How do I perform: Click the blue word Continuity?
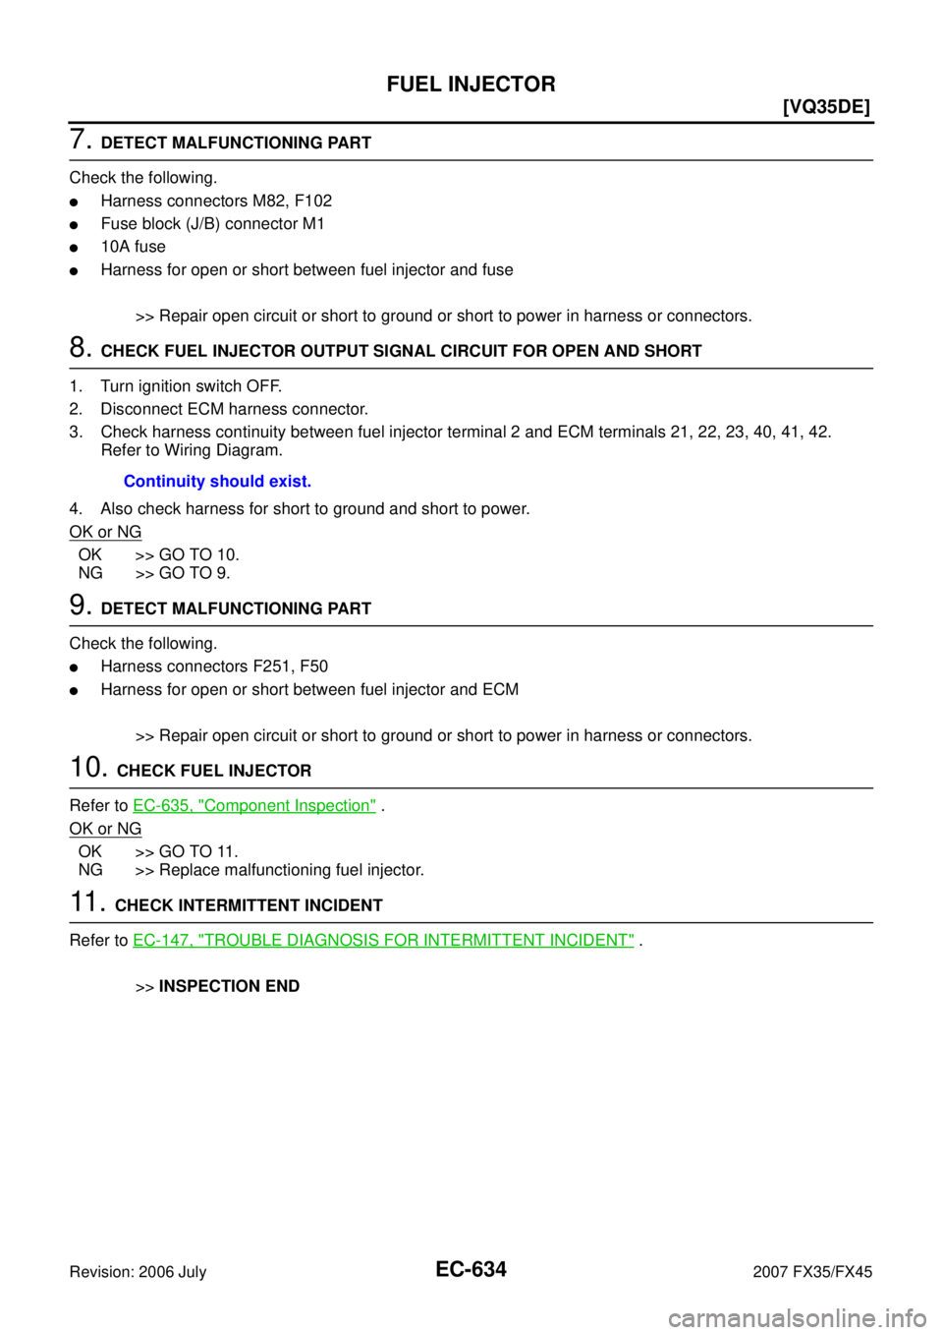click(164, 483)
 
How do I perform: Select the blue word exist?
click(292, 483)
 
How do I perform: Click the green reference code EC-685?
click(156, 806)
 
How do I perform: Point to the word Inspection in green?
click(335, 806)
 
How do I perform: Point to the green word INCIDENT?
click(592, 941)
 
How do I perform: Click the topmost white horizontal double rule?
click(471, 159)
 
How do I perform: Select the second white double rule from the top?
click(471, 369)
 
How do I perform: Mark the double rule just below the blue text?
click(471, 625)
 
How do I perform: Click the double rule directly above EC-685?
click(471, 787)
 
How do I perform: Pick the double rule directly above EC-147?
click(471, 922)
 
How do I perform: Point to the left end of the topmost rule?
click(72, 159)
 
